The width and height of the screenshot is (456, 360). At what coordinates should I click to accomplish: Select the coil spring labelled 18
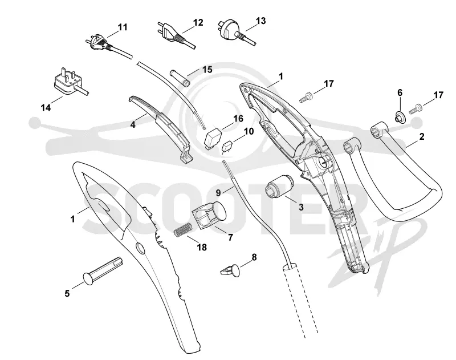[x=183, y=228]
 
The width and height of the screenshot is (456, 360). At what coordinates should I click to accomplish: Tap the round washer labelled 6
[x=400, y=117]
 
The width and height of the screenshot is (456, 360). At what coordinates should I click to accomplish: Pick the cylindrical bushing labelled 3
[x=279, y=186]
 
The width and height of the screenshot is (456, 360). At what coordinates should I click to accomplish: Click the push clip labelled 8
[x=230, y=270]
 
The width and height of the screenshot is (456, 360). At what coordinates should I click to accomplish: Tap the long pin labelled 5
[x=103, y=270]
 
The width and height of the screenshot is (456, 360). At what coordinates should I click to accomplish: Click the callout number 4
[x=133, y=124]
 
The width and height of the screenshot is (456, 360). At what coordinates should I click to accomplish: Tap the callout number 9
[x=218, y=193]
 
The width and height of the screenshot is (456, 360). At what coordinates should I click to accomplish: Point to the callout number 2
[x=422, y=136]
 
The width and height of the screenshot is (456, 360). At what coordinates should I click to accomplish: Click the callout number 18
[x=202, y=248]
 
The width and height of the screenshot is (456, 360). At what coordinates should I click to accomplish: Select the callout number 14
[x=46, y=108]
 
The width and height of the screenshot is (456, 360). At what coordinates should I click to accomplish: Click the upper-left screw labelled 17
[x=306, y=96]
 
